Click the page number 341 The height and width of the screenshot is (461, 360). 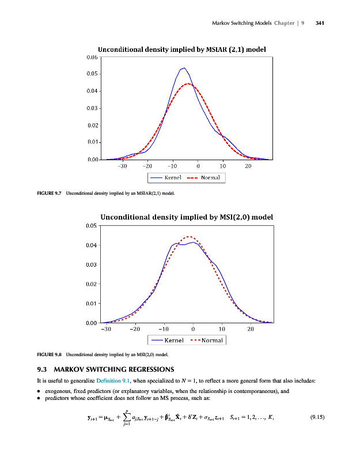321,24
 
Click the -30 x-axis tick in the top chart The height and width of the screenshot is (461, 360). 122,166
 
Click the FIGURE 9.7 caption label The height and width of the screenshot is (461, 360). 48,192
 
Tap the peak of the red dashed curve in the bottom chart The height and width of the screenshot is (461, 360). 188,236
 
